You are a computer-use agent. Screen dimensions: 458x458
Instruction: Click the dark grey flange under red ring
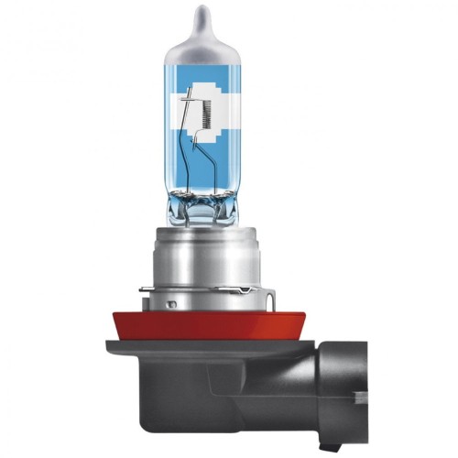tap(165, 349)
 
